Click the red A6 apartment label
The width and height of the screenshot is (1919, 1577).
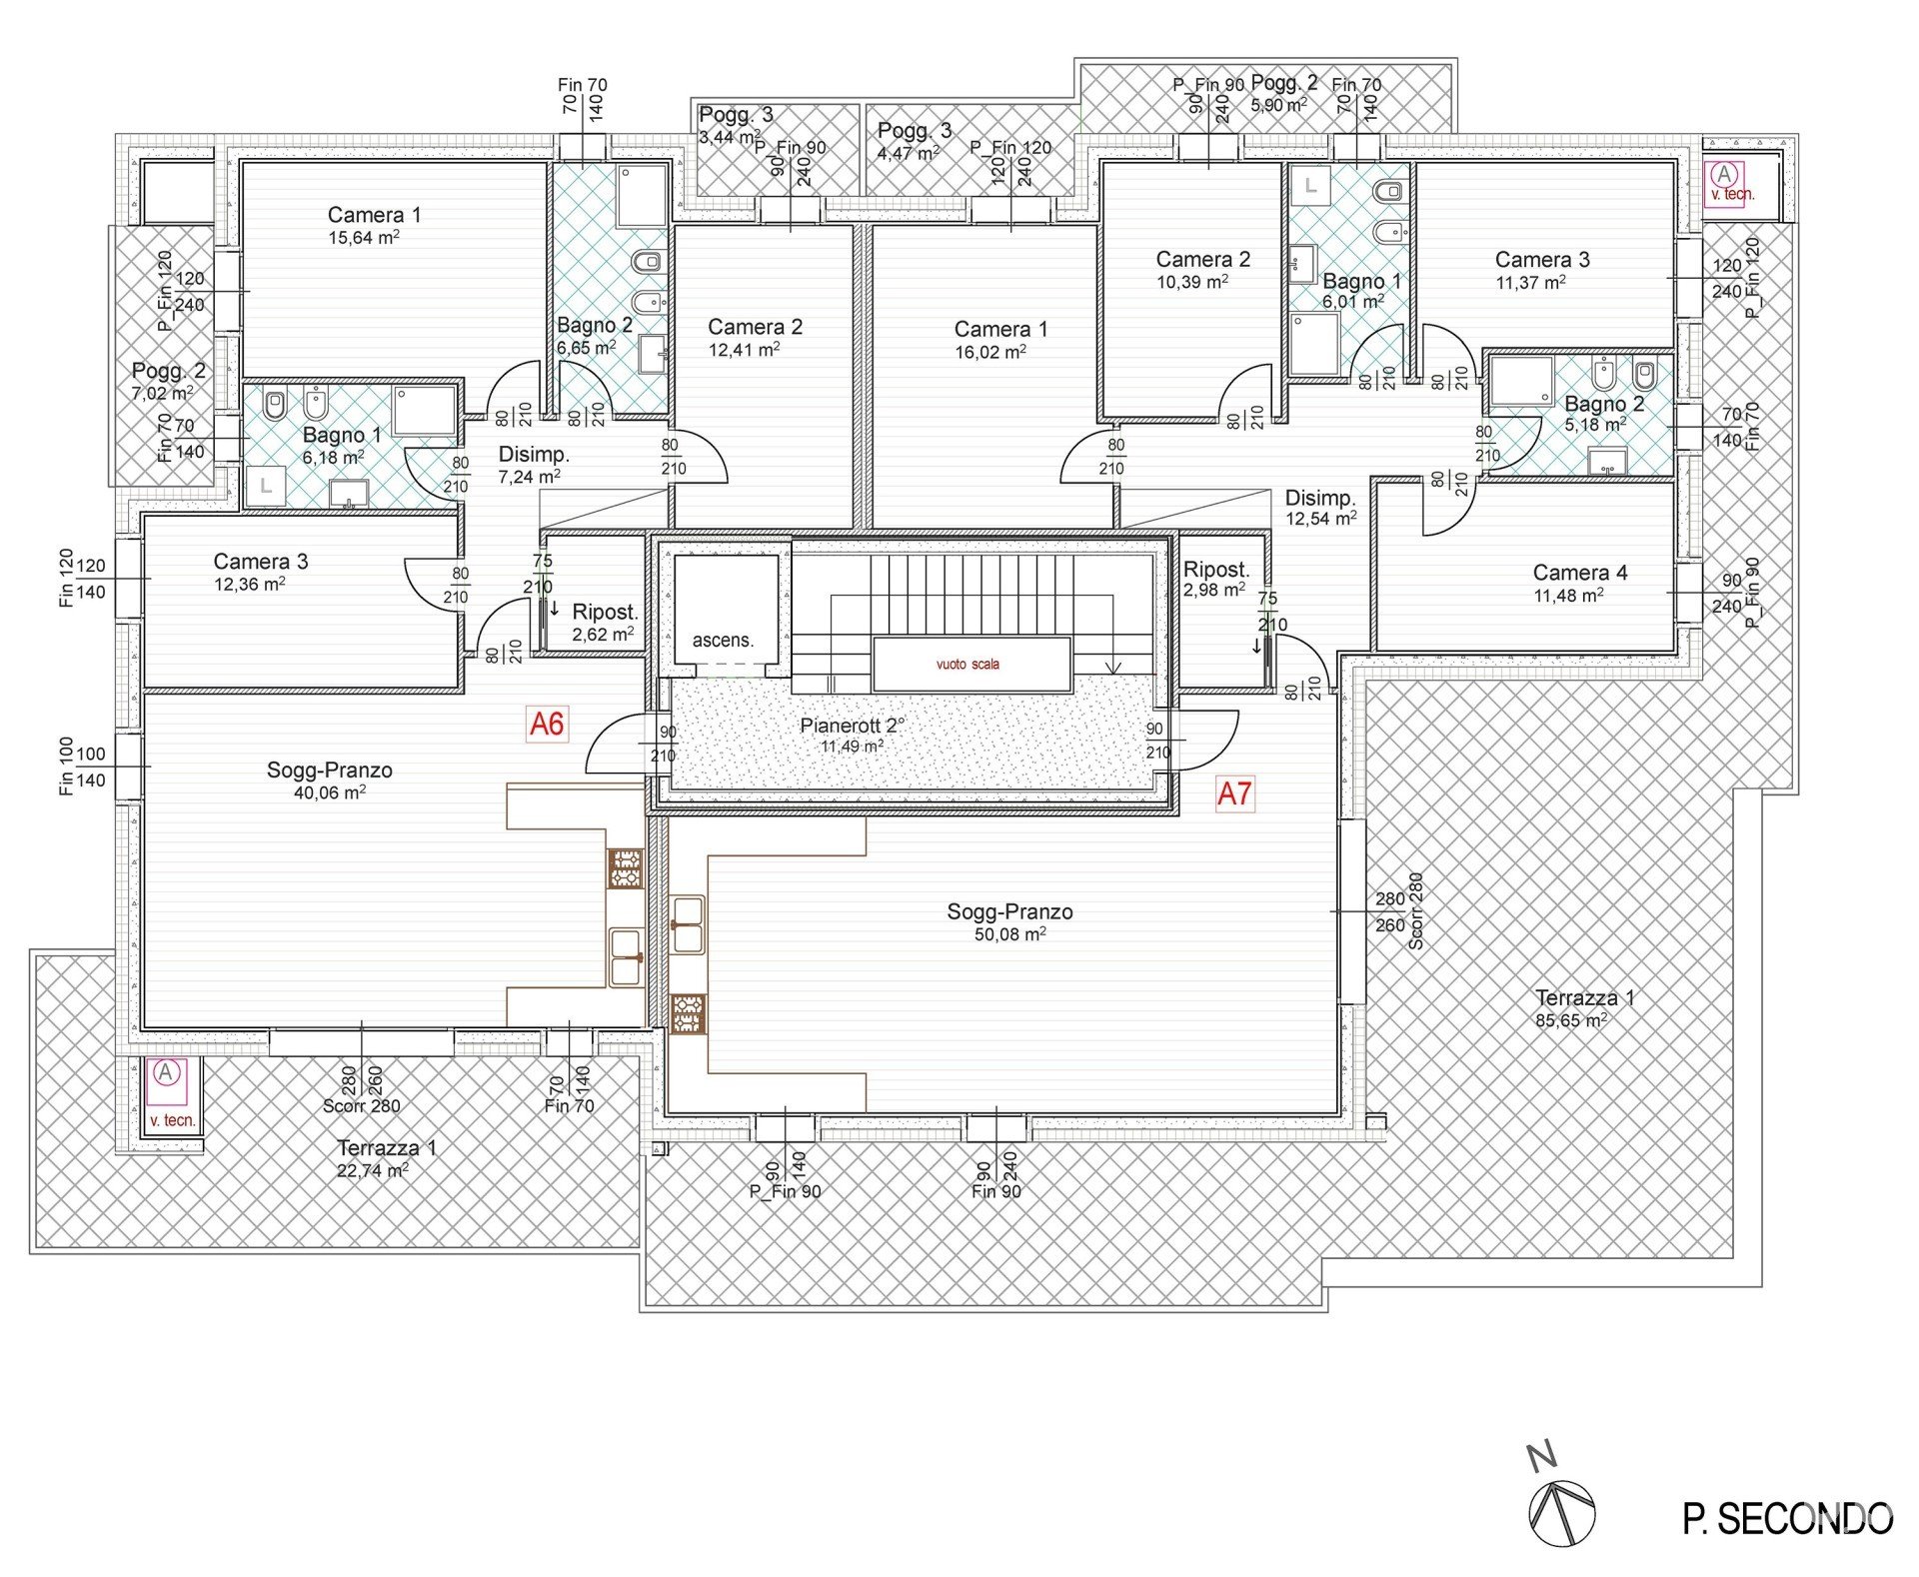click(x=547, y=724)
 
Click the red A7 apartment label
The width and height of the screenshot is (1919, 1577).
click(x=1234, y=793)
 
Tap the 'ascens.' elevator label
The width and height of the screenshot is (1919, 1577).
click(x=723, y=641)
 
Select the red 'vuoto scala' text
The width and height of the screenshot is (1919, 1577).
click(x=967, y=665)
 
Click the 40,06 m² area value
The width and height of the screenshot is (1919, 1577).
click(x=330, y=793)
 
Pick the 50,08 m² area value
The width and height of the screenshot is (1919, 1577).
click(x=1010, y=934)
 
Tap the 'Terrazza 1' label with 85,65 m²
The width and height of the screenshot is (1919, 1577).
click(x=1584, y=997)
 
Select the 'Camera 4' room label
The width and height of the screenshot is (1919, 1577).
click(x=1580, y=573)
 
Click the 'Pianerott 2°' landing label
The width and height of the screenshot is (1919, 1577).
click(x=853, y=726)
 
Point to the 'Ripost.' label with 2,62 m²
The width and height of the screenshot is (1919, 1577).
click(x=605, y=612)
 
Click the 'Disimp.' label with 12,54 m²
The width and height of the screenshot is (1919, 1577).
click(x=1320, y=498)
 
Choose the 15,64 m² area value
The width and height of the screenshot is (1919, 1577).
click(x=364, y=238)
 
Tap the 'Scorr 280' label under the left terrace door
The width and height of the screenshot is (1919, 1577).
click(x=361, y=1106)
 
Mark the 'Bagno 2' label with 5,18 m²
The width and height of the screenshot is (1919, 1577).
click(x=1604, y=404)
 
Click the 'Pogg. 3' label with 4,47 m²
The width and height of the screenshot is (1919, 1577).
click(x=915, y=130)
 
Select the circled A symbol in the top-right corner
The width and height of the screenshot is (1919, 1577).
click(x=1723, y=175)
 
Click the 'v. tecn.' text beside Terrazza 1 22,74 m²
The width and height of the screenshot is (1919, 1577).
click(x=173, y=1120)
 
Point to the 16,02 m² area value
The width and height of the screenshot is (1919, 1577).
click(x=990, y=352)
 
